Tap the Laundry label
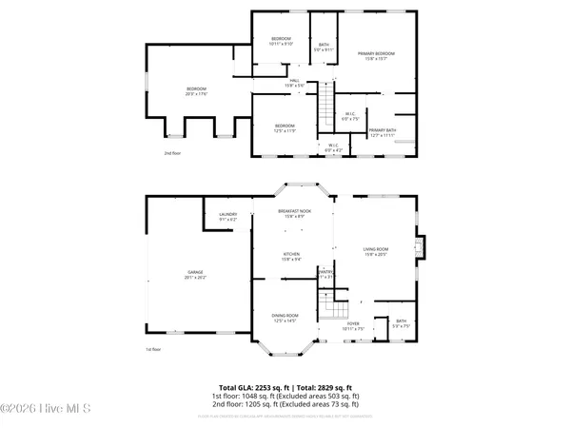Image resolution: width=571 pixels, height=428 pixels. [227, 217]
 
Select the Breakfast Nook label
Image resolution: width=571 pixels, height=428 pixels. [291, 213]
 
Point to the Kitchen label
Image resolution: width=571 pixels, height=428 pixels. [290, 256]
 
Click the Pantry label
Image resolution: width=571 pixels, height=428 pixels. [325, 274]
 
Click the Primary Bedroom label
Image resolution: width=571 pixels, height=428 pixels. [376, 56]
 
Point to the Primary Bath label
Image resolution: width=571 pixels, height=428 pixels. [383, 132]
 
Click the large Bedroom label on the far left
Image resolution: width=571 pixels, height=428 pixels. [196, 91]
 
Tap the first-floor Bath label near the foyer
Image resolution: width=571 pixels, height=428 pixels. [401, 323]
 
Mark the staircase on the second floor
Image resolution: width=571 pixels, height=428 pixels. [326, 102]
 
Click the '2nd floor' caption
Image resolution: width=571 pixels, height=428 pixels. [171, 153]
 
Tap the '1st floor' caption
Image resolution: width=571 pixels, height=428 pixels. [151, 351]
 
